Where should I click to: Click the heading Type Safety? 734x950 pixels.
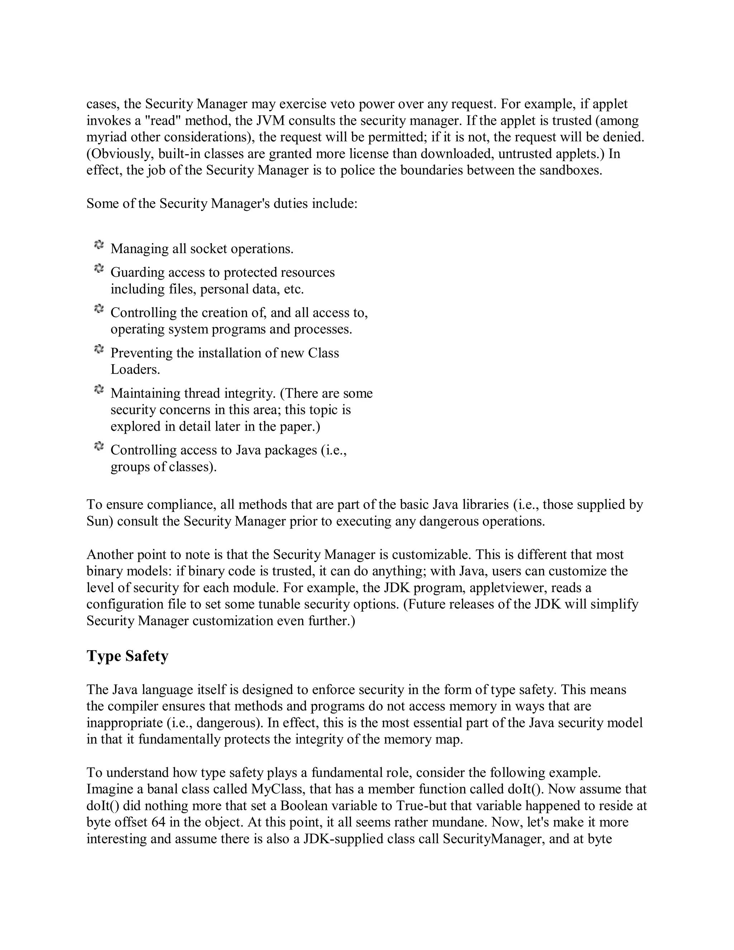pos(127,656)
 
